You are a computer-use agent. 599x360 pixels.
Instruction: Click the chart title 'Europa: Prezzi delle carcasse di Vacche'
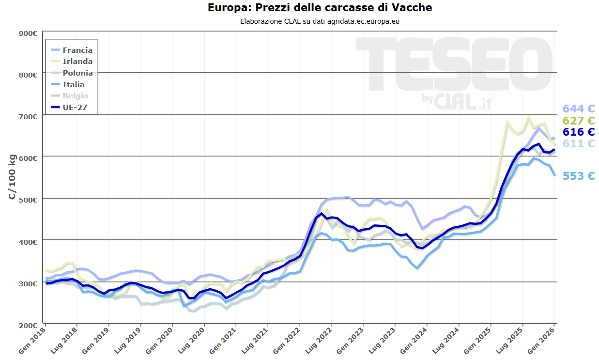pos(320,8)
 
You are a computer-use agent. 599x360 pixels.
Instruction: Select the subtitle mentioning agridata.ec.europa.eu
pos(320,21)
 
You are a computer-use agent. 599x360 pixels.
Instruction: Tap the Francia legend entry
pos(77,50)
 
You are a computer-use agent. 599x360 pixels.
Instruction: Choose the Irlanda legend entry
pos(77,62)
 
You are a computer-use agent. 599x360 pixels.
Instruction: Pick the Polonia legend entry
pos(77,73)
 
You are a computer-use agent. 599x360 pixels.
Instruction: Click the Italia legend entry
pos(73,85)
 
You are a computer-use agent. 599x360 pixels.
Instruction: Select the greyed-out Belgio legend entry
pos(75,96)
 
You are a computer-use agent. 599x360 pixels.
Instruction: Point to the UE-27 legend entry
pos(75,108)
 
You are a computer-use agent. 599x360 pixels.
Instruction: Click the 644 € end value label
pos(578,109)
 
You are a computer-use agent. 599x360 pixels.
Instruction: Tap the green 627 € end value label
pos(578,121)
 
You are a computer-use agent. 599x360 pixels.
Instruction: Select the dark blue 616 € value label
pos(578,132)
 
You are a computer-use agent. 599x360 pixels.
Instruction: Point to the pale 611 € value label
pos(578,143)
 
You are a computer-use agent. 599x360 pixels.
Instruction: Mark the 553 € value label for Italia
pos(578,176)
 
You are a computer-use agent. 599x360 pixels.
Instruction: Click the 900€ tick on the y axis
pos(28,33)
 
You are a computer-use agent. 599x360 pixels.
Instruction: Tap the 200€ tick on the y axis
pos(28,325)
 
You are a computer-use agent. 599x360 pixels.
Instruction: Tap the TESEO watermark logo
pos(455,68)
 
